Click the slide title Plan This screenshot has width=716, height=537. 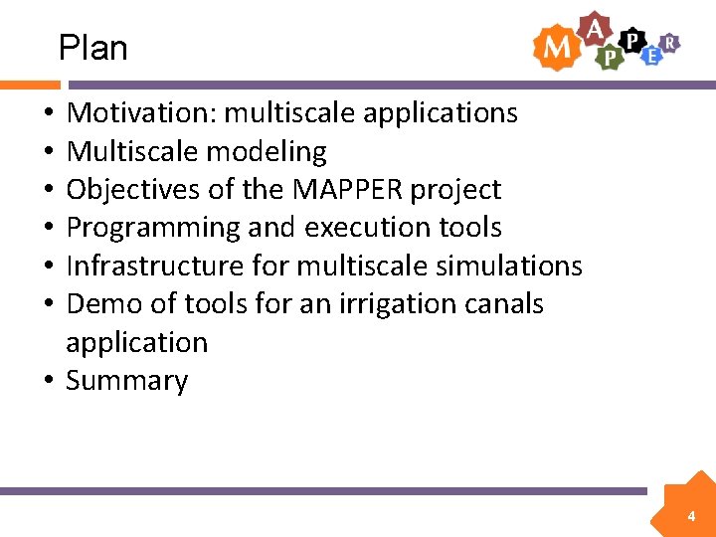click(92, 47)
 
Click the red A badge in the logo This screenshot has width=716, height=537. click(594, 29)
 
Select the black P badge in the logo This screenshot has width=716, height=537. click(630, 39)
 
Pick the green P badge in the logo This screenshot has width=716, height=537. click(609, 59)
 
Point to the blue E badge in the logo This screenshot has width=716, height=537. click(651, 56)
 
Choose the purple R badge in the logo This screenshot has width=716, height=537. click(671, 42)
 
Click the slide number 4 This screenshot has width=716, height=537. click(691, 516)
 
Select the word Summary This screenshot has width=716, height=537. click(126, 381)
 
